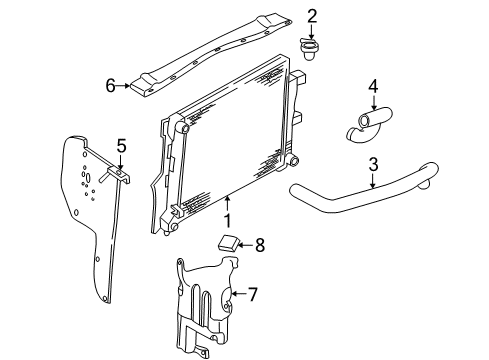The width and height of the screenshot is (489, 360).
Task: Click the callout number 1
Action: pos(227,220)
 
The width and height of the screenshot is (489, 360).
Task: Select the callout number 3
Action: pos(372,165)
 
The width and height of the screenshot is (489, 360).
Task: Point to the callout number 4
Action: pos(372,87)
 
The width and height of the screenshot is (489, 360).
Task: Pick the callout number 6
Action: pos(112,86)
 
